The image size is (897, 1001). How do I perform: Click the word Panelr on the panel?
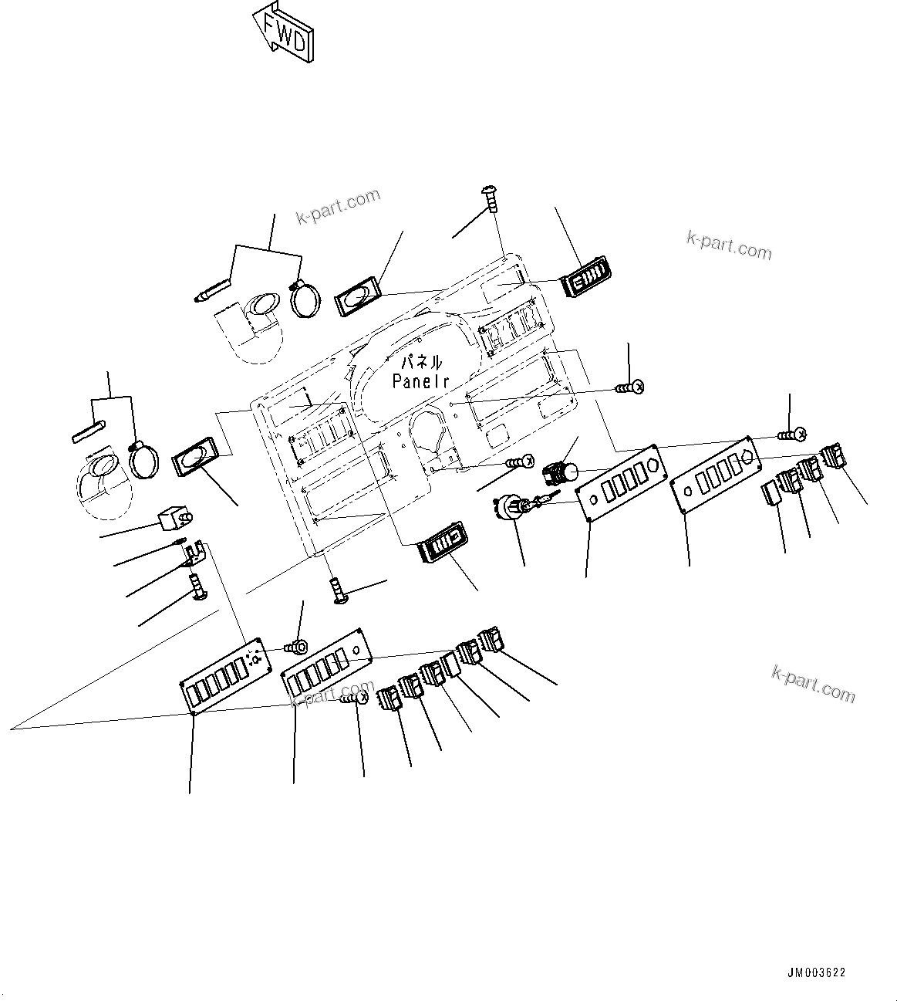click(420, 380)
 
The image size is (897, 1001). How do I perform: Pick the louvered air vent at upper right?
click(588, 278)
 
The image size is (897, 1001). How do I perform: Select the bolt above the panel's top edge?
click(490, 198)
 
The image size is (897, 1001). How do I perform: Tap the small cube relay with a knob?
click(174, 517)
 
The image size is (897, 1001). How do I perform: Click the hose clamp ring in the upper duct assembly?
click(306, 299)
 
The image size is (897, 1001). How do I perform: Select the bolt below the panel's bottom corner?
click(338, 591)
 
